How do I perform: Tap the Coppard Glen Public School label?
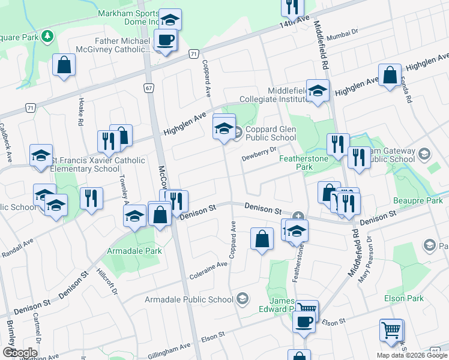(x=270, y=133)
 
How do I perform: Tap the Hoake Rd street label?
(x=80, y=112)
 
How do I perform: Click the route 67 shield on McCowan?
(x=148, y=88)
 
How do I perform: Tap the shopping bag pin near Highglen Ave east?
(x=390, y=76)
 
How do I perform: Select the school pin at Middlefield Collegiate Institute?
(x=318, y=91)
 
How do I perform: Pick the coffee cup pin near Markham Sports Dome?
(x=165, y=40)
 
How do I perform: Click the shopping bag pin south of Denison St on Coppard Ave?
(x=262, y=239)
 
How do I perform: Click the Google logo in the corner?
(x=20, y=352)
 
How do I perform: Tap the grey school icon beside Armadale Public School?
(x=242, y=298)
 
